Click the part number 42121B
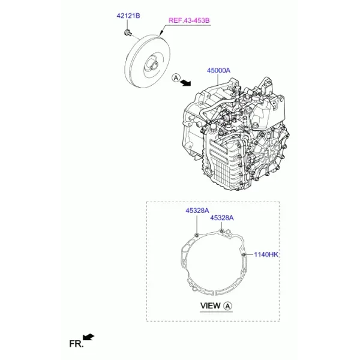pyautogui.click(x=128, y=16)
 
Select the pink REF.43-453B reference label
pyautogui.click(x=189, y=20)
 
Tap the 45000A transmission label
pyautogui.click(x=218, y=70)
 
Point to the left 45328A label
pyautogui.click(x=197, y=211)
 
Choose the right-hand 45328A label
pyautogui.click(x=222, y=218)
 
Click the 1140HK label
pyautogui.click(x=266, y=254)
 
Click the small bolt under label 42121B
pyautogui.click(x=127, y=32)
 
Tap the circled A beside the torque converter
pyautogui.click(x=176, y=78)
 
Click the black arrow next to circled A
pyautogui.click(x=186, y=83)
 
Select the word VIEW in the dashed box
pyautogui.click(x=210, y=306)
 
